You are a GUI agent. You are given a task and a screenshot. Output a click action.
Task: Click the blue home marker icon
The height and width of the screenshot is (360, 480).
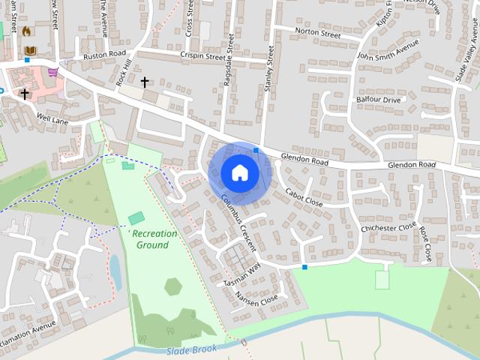pos(239,172)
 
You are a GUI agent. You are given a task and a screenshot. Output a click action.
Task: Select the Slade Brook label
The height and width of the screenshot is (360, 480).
pos(193,349)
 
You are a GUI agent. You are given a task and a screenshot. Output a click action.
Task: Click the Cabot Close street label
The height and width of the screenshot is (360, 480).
pos(304,197)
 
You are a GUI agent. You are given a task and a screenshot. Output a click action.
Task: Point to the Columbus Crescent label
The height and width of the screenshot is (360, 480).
pos(239,223)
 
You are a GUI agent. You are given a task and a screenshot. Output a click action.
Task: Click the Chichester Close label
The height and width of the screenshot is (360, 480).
pos(388,227)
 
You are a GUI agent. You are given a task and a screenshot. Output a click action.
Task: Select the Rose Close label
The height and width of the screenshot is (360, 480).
pos(424,244)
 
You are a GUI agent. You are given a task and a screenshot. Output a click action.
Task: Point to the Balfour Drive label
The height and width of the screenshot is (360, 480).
pos(378,99)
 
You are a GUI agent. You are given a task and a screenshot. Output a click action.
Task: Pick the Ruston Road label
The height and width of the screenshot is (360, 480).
pos(105,55)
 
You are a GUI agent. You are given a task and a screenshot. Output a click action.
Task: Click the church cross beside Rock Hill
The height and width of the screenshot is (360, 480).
pos(145,81)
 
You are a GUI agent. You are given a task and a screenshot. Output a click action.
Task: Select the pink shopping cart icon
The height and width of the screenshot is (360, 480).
pos(52,73)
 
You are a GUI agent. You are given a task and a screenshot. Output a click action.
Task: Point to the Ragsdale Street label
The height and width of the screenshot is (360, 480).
pos(229,60)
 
